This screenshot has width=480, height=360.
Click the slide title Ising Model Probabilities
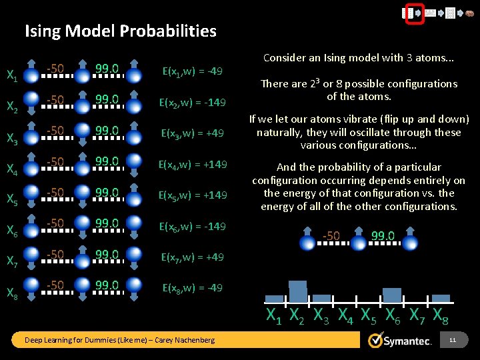tap(121, 31)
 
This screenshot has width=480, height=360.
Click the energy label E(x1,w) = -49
tap(193, 71)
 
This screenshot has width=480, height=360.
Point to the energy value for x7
tap(193, 257)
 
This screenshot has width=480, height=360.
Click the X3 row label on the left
tap(11, 139)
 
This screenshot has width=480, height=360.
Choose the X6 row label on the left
tap(11, 231)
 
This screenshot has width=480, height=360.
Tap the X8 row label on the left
tap(11, 293)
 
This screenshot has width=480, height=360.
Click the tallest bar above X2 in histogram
tap(297, 291)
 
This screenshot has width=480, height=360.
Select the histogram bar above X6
tap(392, 295)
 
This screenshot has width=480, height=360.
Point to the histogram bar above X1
tap(274, 299)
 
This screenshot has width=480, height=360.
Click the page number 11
tap(452, 341)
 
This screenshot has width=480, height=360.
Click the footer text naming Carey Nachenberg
tap(120, 341)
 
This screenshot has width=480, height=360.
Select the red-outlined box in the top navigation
tap(415, 13)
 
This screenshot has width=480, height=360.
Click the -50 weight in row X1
tap(55, 69)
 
